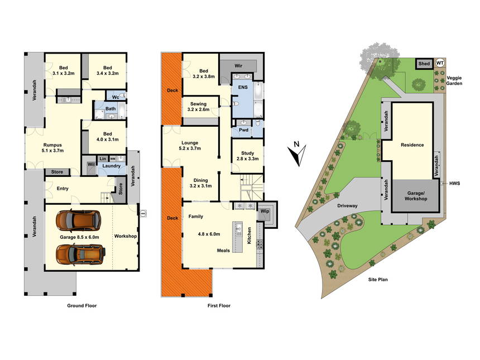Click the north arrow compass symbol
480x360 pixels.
[297, 153]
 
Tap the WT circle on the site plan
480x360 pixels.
[440, 63]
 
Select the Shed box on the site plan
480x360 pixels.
[424, 64]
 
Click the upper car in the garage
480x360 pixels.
[78, 220]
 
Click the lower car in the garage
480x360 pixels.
[81, 254]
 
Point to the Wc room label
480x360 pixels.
[116, 97]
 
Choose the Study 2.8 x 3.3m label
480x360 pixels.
[247, 156]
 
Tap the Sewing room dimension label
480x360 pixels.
[198, 109]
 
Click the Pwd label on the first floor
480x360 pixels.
[244, 130]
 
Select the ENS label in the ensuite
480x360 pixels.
[243, 87]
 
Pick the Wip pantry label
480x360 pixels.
[265, 211]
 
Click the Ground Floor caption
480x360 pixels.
[81, 305]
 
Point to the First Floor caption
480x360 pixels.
[219, 305]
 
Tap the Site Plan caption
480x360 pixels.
[378, 280]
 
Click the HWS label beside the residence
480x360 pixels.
[454, 184]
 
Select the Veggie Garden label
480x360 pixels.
[454, 80]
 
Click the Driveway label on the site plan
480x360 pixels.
[347, 206]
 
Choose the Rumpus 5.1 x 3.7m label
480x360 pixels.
[52, 148]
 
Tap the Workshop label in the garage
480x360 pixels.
[126, 236]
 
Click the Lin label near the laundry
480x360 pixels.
[103, 159]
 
